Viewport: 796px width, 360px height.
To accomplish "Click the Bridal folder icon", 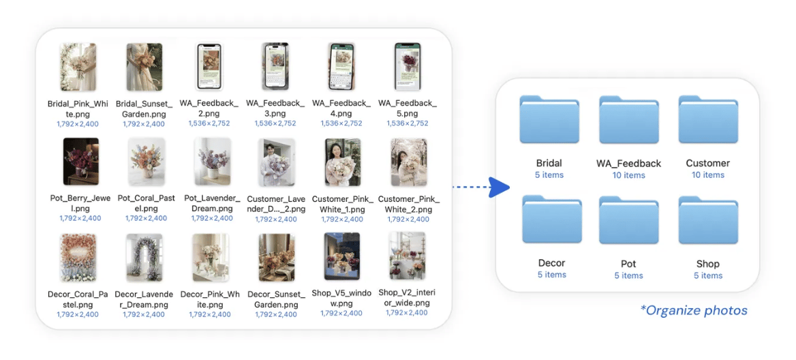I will [549, 120].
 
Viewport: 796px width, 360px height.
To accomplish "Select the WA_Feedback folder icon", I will [629, 120].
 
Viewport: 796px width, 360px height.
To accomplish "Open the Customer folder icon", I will [708, 120].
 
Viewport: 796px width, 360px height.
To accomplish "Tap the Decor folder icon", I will [551, 220].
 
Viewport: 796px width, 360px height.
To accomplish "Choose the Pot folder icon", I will [629, 221].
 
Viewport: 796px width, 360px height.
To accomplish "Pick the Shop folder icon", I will [708, 221].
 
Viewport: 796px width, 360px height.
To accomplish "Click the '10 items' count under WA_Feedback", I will [628, 175].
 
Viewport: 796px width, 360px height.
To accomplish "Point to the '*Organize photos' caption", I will [694, 311].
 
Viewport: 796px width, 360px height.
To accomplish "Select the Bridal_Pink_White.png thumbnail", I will [78, 67].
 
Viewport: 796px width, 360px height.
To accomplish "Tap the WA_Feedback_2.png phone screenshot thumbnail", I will [209, 67].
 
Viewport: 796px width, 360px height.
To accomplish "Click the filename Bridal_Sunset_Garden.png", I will [144, 108].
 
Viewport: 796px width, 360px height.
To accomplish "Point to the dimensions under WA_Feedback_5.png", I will [408, 123].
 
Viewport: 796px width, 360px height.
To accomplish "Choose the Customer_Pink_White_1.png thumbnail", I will [343, 162].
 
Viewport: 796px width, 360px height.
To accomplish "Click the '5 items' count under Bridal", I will [549, 175].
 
